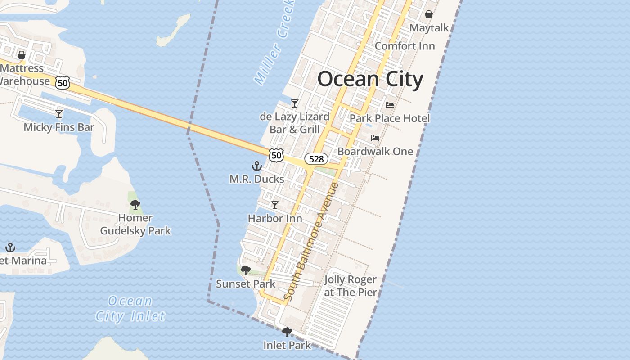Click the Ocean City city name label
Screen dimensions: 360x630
click(x=370, y=79)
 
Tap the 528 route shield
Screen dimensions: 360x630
click(x=316, y=158)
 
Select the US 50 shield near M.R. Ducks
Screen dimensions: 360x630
click(x=276, y=155)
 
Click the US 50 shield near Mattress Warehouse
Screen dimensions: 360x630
click(x=63, y=82)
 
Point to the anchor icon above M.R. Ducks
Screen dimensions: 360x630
click(x=256, y=166)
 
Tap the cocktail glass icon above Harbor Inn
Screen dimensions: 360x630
click(x=274, y=205)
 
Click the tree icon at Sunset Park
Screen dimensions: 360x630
click(x=245, y=270)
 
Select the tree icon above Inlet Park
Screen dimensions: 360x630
click(x=287, y=332)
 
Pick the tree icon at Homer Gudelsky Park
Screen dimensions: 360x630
click(x=135, y=205)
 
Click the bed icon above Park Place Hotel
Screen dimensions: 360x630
click(x=390, y=105)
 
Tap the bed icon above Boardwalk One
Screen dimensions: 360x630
click(x=375, y=138)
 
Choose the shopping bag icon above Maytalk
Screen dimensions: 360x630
click(x=429, y=14)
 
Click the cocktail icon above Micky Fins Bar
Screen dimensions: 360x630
click(x=59, y=113)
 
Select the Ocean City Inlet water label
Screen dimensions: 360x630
click(x=130, y=308)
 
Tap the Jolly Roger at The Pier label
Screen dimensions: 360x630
click(x=350, y=286)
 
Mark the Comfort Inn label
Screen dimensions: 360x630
click(x=405, y=46)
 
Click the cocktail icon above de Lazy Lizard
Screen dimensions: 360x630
click(x=295, y=103)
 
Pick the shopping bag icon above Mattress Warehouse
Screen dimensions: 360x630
click(x=21, y=55)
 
